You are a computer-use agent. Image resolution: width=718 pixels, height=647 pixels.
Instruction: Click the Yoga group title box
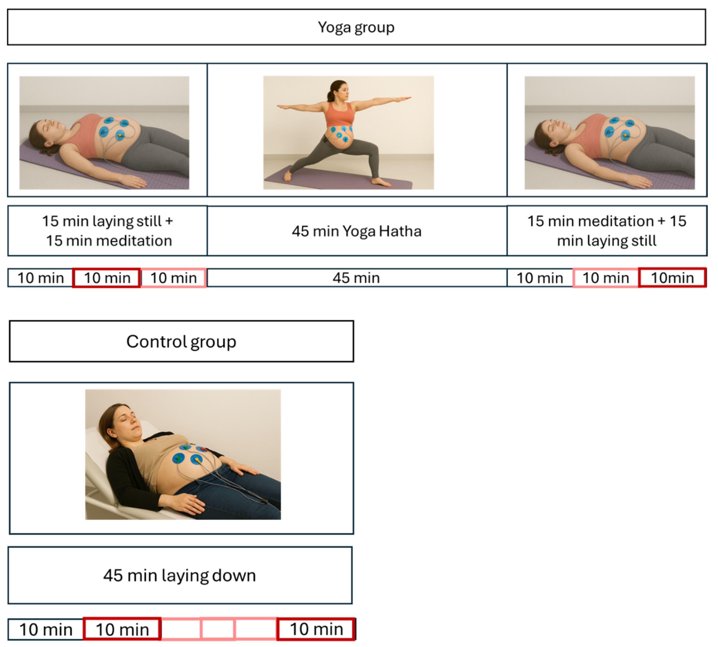356,27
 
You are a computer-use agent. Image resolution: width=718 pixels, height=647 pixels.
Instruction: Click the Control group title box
181,341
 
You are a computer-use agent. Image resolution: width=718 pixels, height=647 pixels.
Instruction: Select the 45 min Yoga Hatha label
356,231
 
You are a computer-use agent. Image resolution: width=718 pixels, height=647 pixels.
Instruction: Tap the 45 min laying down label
180,575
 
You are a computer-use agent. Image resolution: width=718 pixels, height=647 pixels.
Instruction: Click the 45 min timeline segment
356,278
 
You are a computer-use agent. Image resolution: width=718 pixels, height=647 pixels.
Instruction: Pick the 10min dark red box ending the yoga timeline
672,278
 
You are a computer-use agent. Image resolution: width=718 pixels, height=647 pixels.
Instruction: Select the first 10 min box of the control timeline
46,630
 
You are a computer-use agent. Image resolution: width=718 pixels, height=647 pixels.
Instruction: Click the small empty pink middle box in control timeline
218,629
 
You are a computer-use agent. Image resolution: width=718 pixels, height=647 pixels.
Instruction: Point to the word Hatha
400,231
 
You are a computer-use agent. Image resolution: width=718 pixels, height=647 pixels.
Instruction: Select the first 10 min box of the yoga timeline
40,278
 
